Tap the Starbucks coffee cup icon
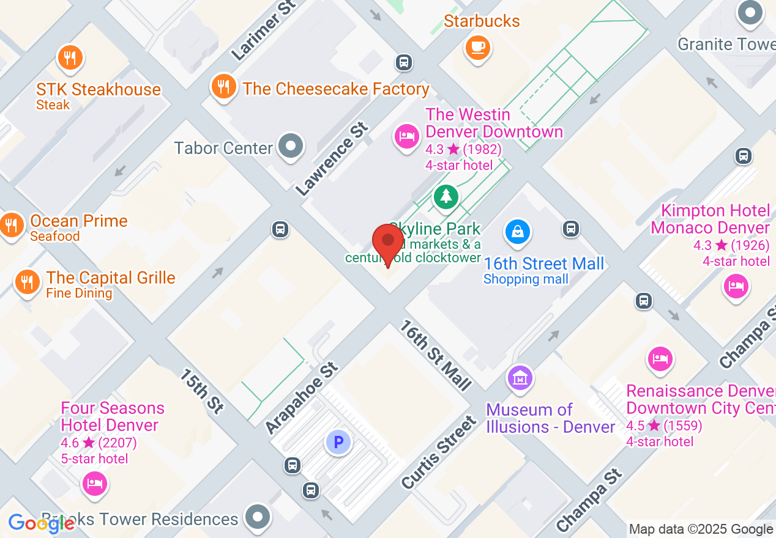pyautogui.click(x=477, y=47)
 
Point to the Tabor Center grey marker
pyautogui.click(x=290, y=147)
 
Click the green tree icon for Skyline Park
pyautogui.click(x=446, y=196)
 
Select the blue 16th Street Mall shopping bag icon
pyautogui.click(x=517, y=232)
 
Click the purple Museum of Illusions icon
pyautogui.click(x=520, y=377)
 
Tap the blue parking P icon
pyautogui.click(x=338, y=441)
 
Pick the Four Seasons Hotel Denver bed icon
pyautogui.click(x=94, y=484)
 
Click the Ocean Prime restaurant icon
pyautogui.click(x=11, y=224)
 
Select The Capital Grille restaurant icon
pyautogui.click(x=27, y=281)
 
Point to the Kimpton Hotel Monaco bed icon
pyautogui.click(x=735, y=286)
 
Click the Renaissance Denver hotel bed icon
pyautogui.click(x=660, y=359)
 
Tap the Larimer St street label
pyautogui.click(x=263, y=31)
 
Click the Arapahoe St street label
pyautogui.click(x=302, y=397)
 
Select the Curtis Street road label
pyautogui.click(x=439, y=452)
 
